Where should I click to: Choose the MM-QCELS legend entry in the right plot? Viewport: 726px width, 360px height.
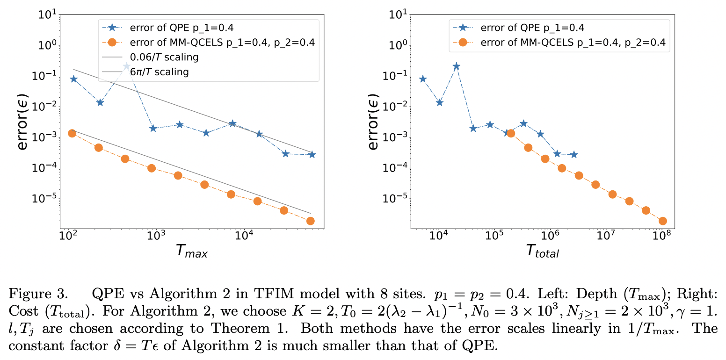[561, 43]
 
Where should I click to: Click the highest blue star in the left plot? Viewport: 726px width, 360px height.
[126, 66]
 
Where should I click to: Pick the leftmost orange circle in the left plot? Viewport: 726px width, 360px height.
[72, 133]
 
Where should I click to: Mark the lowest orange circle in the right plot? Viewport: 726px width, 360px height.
[662, 221]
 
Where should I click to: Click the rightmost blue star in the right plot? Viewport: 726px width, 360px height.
[574, 154]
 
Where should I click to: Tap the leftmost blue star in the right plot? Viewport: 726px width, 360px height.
[423, 79]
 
